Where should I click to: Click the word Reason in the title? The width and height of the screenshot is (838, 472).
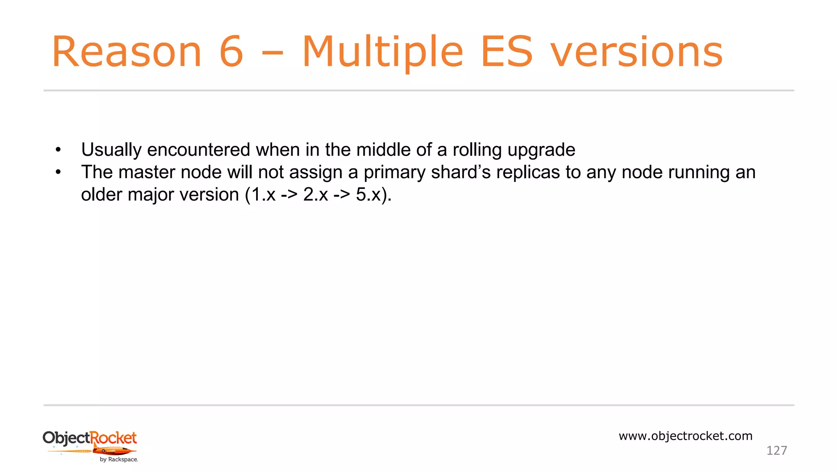tap(127, 52)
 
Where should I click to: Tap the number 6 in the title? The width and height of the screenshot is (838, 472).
tap(232, 52)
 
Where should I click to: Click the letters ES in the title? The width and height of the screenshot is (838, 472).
tap(507, 52)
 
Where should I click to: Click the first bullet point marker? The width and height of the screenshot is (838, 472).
tap(58, 150)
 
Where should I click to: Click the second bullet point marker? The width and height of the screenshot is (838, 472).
tap(58, 172)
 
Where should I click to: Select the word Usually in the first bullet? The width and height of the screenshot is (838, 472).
tap(111, 150)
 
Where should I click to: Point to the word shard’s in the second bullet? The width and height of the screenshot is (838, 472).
tap(461, 172)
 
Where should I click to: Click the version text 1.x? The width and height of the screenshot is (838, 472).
tap(263, 195)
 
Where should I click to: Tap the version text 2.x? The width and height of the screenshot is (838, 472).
tap(315, 195)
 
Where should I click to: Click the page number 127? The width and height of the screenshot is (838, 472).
tap(776, 451)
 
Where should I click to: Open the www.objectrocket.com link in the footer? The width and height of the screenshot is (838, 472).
tap(685, 436)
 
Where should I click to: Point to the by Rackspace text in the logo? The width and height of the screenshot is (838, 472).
tap(119, 460)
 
